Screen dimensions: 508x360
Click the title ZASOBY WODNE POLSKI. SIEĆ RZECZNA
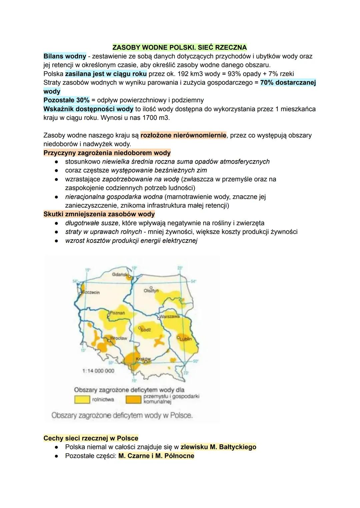point(180,47)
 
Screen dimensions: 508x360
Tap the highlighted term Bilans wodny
point(65,56)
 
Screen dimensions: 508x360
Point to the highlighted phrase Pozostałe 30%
point(66,100)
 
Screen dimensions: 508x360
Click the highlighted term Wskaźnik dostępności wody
point(88,109)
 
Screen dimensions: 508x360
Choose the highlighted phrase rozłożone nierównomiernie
point(183,135)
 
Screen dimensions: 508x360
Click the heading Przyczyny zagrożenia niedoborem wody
point(107,153)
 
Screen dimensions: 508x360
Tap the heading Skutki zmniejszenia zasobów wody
point(99,214)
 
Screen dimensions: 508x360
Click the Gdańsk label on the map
point(120,274)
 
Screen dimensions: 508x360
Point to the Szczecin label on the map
point(91,292)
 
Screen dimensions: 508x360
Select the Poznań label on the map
point(117,313)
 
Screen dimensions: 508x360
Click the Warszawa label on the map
point(169,316)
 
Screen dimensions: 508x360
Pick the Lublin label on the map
point(186,339)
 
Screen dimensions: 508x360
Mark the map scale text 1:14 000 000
point(98,371)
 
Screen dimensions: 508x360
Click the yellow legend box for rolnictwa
point(82,399)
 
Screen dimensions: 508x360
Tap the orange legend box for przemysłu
point(133,399)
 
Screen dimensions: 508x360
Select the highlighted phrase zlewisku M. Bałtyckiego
point(218,447)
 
